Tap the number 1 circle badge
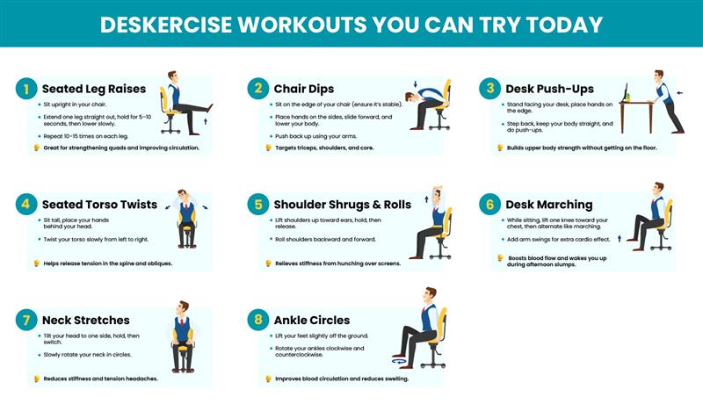pyautogui.click(x=26, y=89)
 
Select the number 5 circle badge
pyautogui.click(x=258, y=205)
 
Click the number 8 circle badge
pyautogui.click(x=258, y=320)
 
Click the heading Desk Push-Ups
pyautogui.click(x=549, y=89)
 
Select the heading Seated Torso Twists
pyautogui.click(x=99, y=205)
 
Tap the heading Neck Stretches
pyautogui.click(x=85, y=320)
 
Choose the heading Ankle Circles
pyautogui.click(x=311, y=320)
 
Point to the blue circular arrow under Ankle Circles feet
pyautogui.click(x=402, y=361)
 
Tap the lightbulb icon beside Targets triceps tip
pyautogui.click(x=268, y=148)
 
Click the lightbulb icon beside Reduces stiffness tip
pyautogui.click(x=36, y=379)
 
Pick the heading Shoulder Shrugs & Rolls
pyautogui.click(x=342, y=205)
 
